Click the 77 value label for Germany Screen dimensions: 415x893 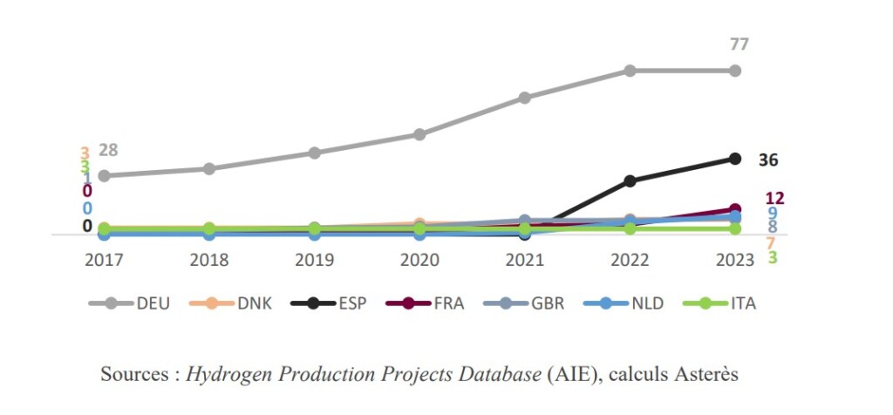point(740,44)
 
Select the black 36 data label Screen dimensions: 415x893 point(768,160)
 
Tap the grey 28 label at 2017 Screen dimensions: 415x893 point(108,151)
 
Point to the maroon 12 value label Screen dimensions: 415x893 point(774,199)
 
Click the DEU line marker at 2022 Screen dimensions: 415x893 point(630,71)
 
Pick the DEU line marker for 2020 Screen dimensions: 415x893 point(419,134)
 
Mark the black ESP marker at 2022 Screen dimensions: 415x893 point(630,180)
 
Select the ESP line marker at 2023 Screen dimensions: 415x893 point(735,159)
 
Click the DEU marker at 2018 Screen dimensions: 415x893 point(209,168)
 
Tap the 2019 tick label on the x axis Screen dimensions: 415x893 point(314,259)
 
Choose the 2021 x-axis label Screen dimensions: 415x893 point(524,259)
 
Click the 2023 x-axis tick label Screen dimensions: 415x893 point(735,259)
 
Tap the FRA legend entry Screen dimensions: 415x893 point(452,303)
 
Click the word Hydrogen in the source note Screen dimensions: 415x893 point(225,375)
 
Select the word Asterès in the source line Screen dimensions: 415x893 point(707,375)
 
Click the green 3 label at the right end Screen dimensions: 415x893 point(773,257)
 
